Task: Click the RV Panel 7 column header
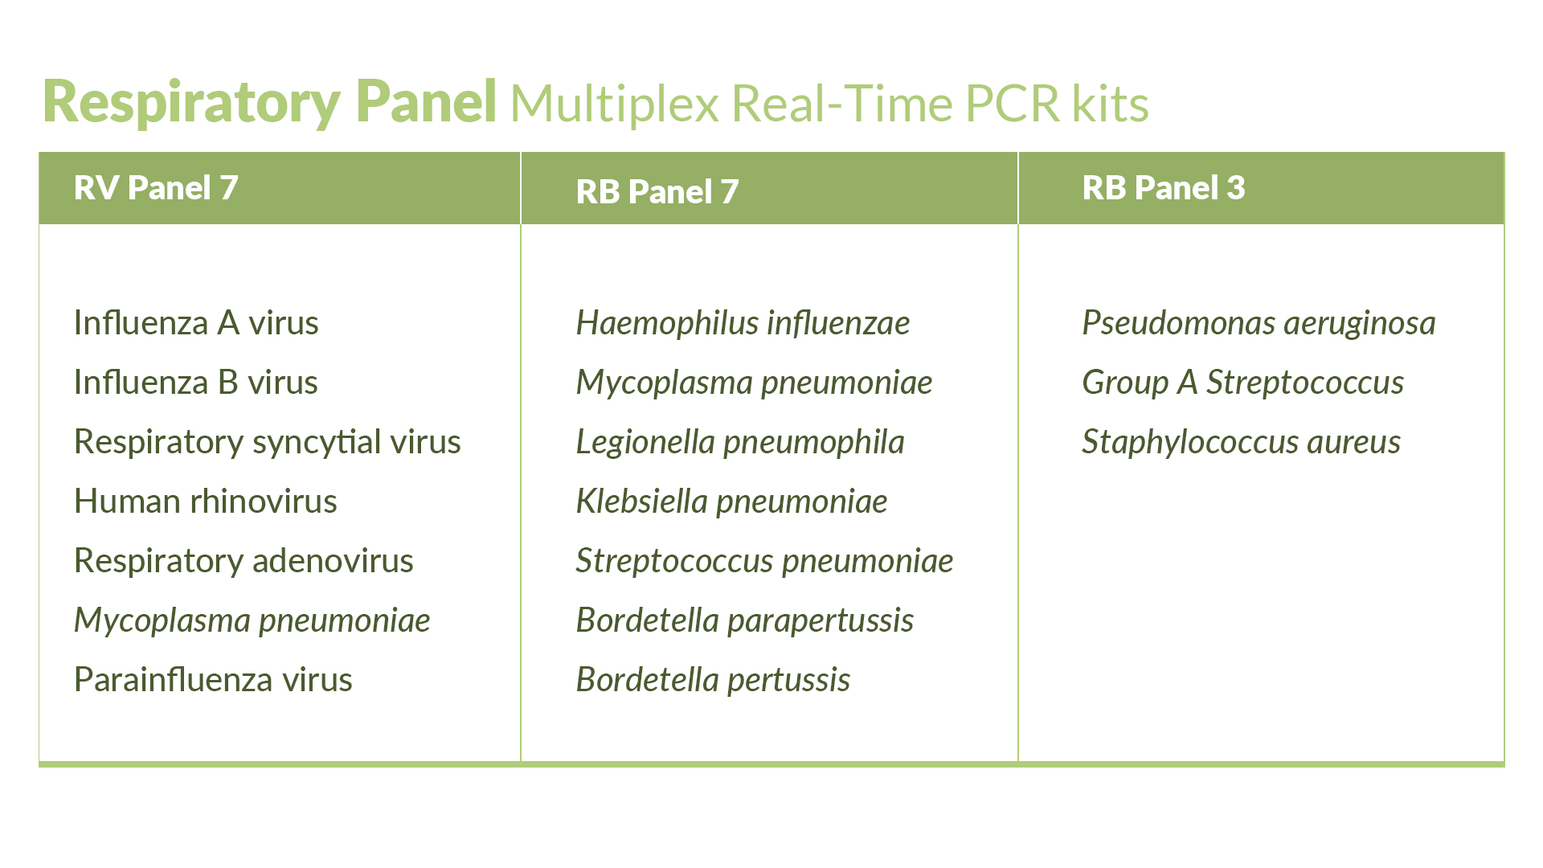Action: tap(156, 188)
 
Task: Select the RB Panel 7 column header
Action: tap(657, 192)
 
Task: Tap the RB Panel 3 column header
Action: tap(1164, 188)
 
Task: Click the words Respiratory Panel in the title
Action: tap(270, 102)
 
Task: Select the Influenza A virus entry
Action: tap(196, 323)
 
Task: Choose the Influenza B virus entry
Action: tap(196, 383)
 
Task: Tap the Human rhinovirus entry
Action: tap(206, 502)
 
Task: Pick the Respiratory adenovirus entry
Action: tap(244, 561)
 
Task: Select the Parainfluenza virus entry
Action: tap(213, 680)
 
